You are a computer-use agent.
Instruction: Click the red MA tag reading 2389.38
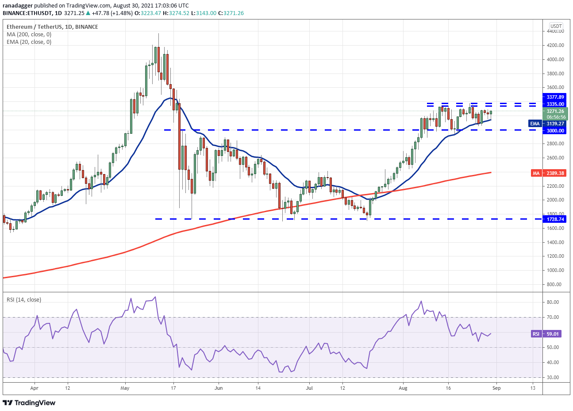point(548,173)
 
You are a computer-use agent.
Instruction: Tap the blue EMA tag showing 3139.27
point(548,124)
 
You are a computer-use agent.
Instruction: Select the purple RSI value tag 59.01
point(546,334)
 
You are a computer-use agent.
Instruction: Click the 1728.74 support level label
point(555,219)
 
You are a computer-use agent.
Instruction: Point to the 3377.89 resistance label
point(555,97)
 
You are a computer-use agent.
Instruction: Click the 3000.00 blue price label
point(555,131)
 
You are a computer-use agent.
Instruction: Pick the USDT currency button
point(556,26)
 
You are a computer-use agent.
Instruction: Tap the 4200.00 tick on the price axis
point(555,45)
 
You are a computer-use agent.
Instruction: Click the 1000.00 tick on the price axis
point(555,270)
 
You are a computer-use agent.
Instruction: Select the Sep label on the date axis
point(496,388)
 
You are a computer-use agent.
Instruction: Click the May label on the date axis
point(125,388)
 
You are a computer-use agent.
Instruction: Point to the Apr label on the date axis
point(35,388)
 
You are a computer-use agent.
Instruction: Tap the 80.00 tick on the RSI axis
point(552,302)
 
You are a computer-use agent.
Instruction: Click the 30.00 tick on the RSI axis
point(552,377)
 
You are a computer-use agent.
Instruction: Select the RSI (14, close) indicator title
point(24,300)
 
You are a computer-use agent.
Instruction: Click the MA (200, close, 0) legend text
point(29,35)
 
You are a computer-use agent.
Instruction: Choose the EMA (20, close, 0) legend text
point(29,42)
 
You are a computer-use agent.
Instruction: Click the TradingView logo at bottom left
point(29,403)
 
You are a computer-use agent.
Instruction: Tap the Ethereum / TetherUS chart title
point(52,27)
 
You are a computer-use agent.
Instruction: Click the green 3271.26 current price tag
point(555,112)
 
